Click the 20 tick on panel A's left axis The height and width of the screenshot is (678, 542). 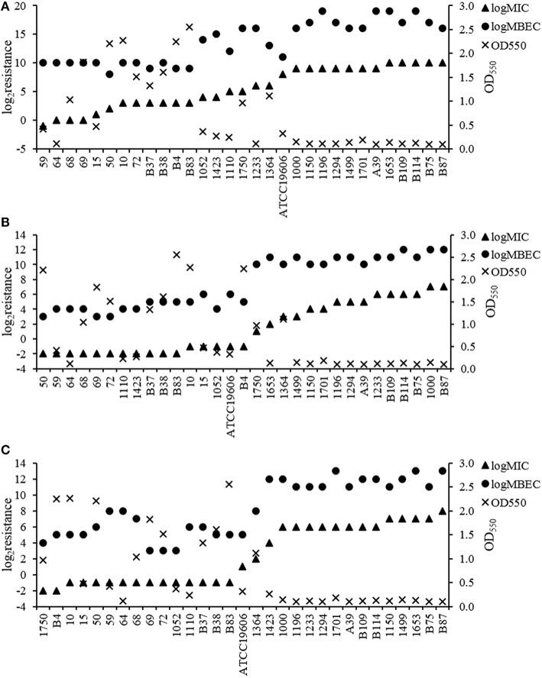23,7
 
